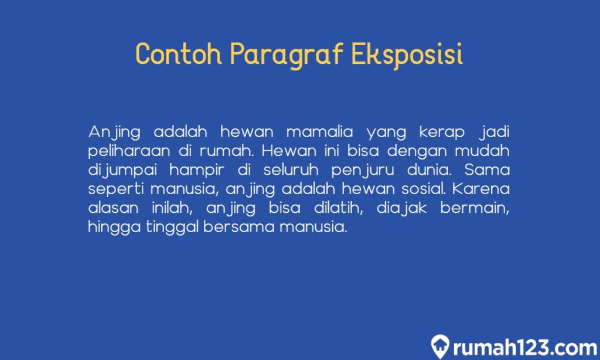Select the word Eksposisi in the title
click(x=407, y=55)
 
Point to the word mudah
click(x=482, y=150)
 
